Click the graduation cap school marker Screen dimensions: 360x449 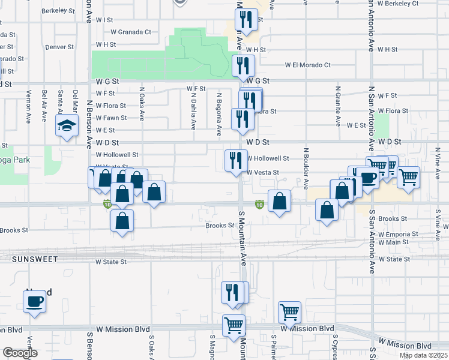pyautogui.click(x=67, y=125)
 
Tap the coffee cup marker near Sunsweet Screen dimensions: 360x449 pyautogui.click(x=35, y=301)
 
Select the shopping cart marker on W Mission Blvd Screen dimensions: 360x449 pyautogui.click(x=234, y=326)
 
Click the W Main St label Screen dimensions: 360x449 pyautogui.click(x=393, y=242)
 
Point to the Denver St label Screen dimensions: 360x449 pyautogui.click(x=59, y=46)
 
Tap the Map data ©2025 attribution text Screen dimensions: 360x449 pyautogui.click(x=423, y=355)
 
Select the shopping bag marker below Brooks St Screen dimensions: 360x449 pyautogui.click(x=122, y=220)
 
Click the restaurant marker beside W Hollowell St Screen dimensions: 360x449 pyautogui.click(x=235, y=160)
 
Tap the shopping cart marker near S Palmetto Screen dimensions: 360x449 pyautogui.click(x=289, y=312)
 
